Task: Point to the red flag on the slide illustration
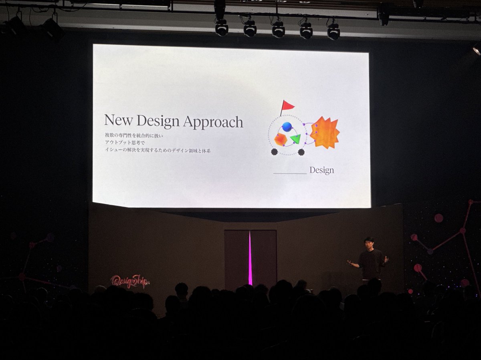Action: pyautogui.click(x=287, y=105)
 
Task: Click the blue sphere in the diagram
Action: pyautogui.click(x=287, y=127)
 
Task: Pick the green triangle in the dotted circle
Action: pyautogui.click(x=296, y=139)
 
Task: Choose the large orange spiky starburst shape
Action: pyautogui.click(x=325, y=133)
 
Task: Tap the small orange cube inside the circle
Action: pyautogui.click(x=280, y=139)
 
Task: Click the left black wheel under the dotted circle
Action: pyautogui.click(x=275, y=152)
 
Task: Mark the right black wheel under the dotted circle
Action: pyautogui.click(x=301, y=152)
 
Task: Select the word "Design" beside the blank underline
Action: pyautogui.click(x=321, y=171)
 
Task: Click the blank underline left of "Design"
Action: pyautogui.click(x=289, y=173)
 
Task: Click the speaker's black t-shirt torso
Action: pyautogui.click(x=370, y=262)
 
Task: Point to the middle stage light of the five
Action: pyautogui.click(x=278, y=29)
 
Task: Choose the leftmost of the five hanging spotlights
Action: pyautogui.click(x=222, y=28)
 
